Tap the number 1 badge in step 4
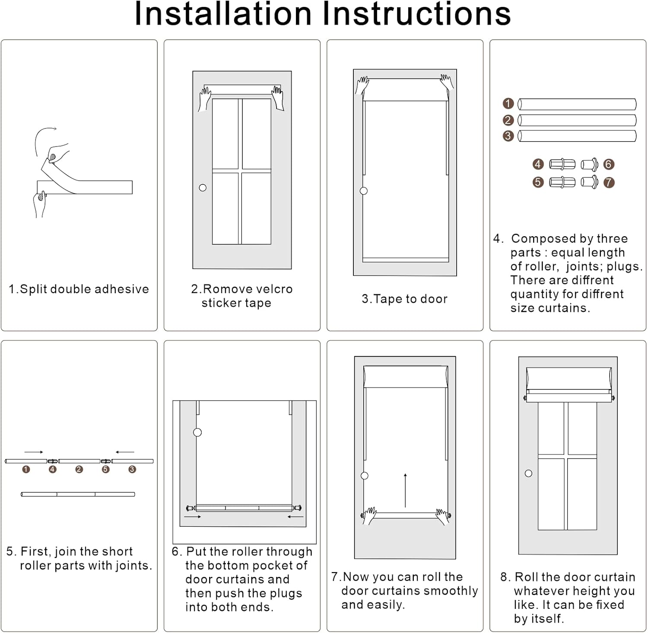coord(508,104)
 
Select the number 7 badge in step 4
coord(609,183)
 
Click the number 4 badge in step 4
coord(538,165)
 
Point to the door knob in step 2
coord(203,188)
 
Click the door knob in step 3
coord(364,191)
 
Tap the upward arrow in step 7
coord(405,490)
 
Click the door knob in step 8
coord(528,474)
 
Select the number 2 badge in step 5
coord(79,469)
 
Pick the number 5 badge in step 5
coord(106,469)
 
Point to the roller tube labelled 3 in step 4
coord(577,136)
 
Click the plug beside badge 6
coord(590,165)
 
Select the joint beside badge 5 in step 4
coord(562,183)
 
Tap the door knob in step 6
coord(197,432)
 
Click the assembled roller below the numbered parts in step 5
coord(78,494)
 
